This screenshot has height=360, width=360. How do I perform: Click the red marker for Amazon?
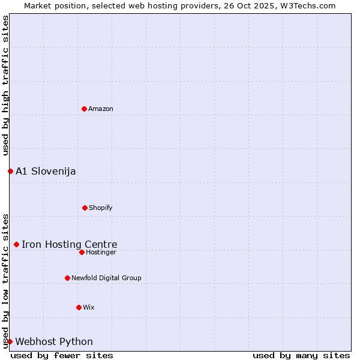[84, 109]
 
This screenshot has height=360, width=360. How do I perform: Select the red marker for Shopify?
[85, 208]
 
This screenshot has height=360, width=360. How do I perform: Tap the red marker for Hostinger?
[82, 252]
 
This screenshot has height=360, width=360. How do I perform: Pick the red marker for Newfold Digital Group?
[67, 278]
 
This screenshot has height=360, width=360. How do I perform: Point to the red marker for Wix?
[79, 307]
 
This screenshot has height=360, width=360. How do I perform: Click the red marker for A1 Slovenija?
[10, 171]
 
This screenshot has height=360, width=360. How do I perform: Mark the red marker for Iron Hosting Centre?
[16, 244]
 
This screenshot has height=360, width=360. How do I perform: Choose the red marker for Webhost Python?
[10, 341]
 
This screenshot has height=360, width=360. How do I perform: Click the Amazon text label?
[101, 109]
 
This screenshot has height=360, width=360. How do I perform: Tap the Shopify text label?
[101, 208]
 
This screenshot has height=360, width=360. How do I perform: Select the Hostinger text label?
[101, 252]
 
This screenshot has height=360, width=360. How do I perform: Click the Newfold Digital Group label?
[106, 278]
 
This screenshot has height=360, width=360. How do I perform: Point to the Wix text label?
[89, 307]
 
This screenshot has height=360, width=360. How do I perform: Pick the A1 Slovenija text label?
[46, 171]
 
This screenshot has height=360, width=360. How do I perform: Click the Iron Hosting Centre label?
[70, 244]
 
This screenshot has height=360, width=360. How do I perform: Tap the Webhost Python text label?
[54, 341]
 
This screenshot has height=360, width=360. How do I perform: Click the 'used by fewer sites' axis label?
[62, 355]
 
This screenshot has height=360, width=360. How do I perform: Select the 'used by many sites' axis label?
[301, 355]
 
